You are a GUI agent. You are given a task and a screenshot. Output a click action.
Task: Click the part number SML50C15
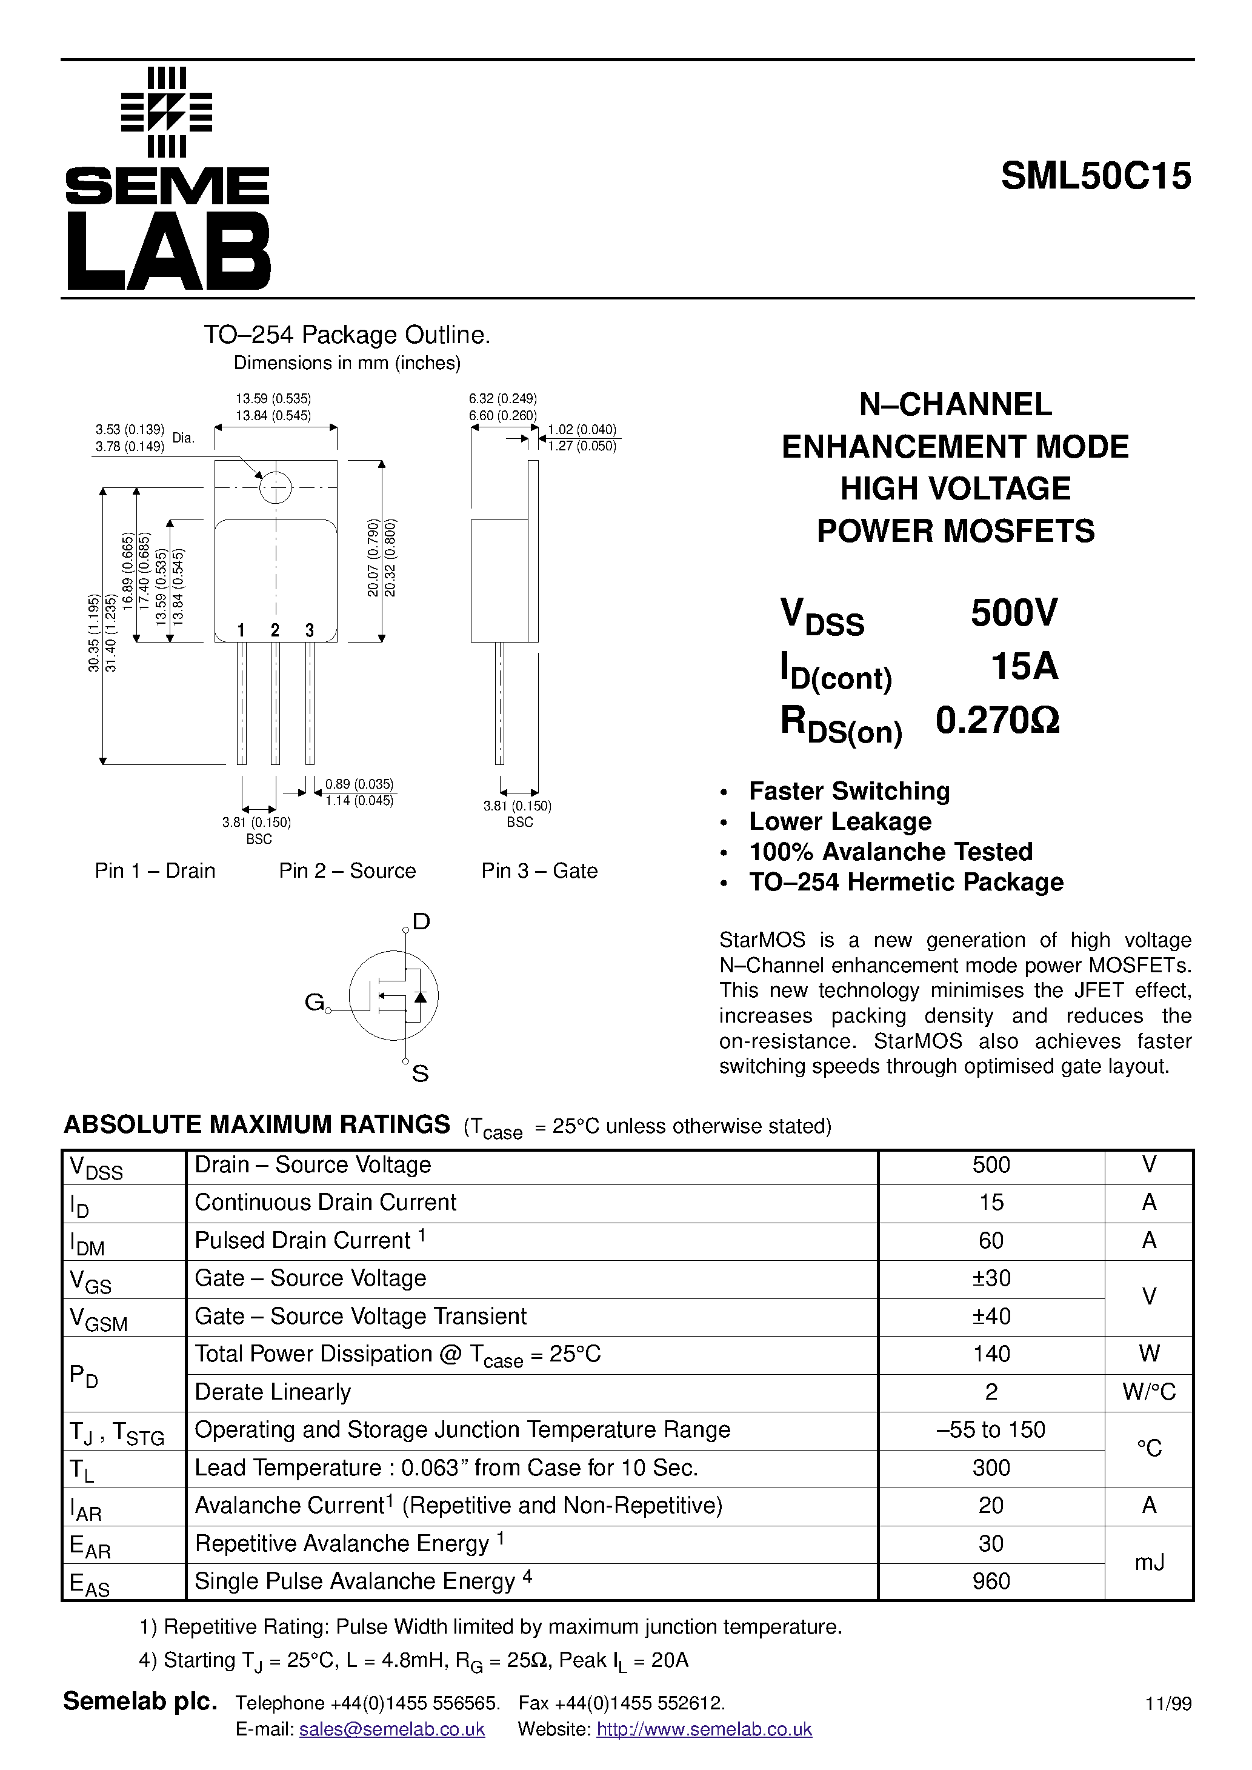click(x=1096, y=176)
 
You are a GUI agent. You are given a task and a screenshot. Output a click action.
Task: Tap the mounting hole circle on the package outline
click(x=275, y=487)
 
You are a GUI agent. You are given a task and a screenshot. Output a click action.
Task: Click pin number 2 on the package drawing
click(x=275, y=630)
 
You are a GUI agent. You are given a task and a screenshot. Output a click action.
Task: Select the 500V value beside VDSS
click(x=1014, y=613)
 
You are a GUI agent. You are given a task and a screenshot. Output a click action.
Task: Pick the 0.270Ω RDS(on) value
click(x=997, y=720)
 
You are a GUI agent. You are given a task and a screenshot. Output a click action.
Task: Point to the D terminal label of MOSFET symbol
click(x=421, y=921)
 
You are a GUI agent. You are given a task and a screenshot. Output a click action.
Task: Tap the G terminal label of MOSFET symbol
click(x=314, y=1002)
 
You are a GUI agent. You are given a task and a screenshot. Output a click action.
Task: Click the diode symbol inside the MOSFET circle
click(x=420, y=996)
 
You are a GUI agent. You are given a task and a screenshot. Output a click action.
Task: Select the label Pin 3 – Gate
click(x=539, y=871)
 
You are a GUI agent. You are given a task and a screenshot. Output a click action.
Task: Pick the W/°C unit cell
click(x=1149, y=1392)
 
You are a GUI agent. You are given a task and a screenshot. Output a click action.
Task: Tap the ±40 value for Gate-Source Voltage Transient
click(x=991, y=1316)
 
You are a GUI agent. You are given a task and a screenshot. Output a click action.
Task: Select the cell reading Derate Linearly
click(x=273, y=1392)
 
